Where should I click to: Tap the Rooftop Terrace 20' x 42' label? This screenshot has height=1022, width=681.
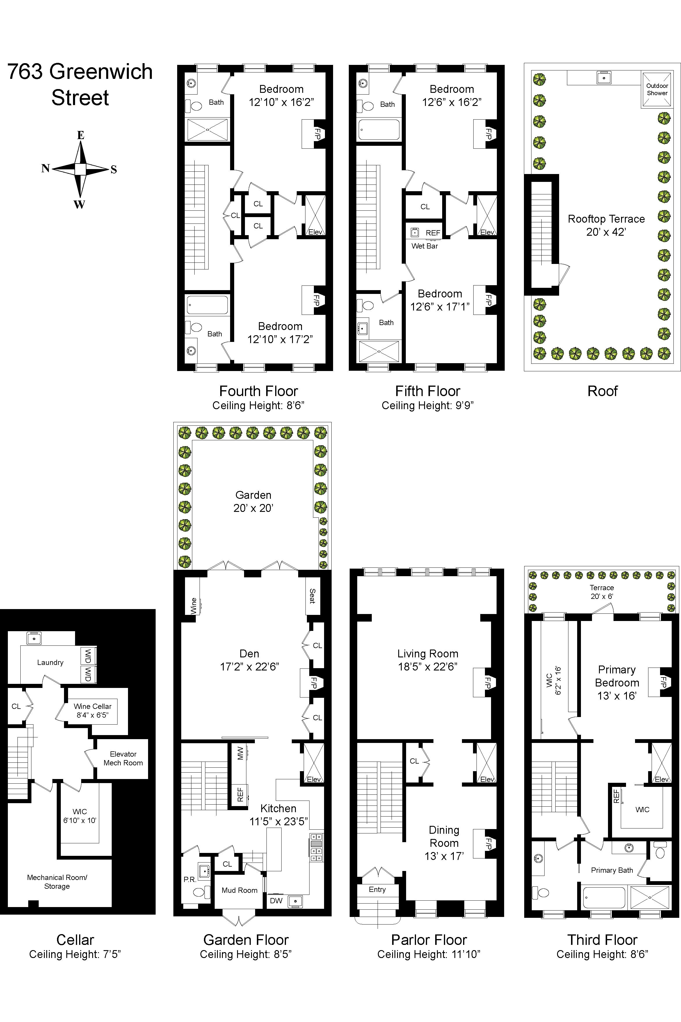click(x=606, y=226)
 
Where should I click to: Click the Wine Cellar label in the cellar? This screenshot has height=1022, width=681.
click(x=93, y=706)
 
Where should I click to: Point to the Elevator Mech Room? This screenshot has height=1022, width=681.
click(x=123, y=758)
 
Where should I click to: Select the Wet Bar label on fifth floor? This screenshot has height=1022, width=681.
click(x=424, y=246)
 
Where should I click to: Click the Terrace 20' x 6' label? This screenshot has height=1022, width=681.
click(x=602, y=592)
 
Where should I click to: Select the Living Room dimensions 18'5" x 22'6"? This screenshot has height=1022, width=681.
click(x=428, y=666)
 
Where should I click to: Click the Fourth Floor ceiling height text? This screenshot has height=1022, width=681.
click(x=258, y=405)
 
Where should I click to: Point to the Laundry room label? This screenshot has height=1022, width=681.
click(x=50, y=662)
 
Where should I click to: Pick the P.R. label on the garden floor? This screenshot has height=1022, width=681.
click(x=190, y=879)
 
